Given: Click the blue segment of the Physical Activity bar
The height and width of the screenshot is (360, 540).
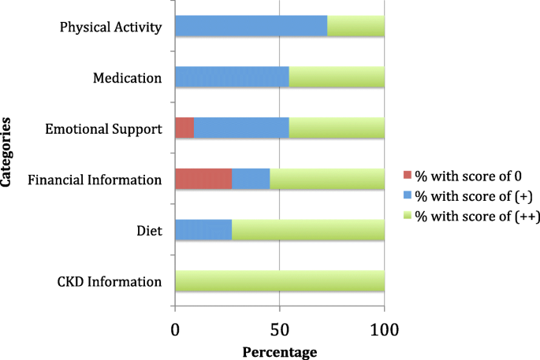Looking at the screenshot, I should pos(251,26).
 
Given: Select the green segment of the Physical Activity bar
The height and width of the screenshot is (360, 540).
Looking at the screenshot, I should pos(356,26).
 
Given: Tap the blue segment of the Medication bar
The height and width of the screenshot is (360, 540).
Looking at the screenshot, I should pos(232,77).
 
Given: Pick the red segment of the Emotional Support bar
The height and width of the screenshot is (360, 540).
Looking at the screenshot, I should pos(184,128).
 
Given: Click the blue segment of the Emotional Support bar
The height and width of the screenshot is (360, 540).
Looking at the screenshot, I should pos(241,128).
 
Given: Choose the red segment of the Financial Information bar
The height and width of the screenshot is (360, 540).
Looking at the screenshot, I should pos(203,179).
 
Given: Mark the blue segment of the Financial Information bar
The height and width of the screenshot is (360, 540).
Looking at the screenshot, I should pos(251,179).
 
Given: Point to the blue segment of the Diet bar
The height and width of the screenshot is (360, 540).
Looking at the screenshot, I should pos(203,230).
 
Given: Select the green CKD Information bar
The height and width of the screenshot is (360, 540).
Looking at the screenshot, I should pos(279,281).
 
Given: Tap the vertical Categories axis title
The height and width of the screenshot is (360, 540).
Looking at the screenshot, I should pos(7,152).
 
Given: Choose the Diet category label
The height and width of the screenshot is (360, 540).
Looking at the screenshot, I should pos(148,231).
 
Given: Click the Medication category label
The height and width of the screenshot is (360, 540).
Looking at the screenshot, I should pos(127,78).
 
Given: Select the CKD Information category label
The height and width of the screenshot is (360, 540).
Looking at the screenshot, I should pos(110,282).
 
